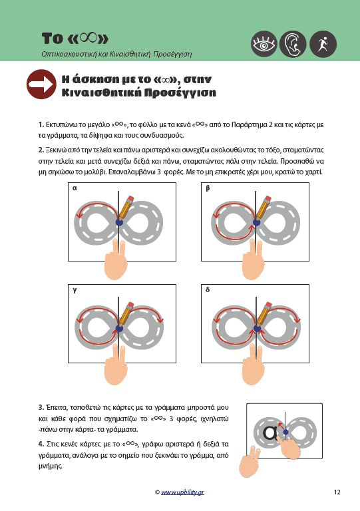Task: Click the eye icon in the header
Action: click(x=264, y=44)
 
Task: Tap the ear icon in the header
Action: click(x=293, y=44)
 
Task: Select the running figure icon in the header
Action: click(x=323, y=44)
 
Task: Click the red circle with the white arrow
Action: click(x=41, y=85)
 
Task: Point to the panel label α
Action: click(x=75, y=188)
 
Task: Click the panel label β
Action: click(x=208, y=188)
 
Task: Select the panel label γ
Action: click(x=75, y=290)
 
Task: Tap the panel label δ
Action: click(x=208, y=289)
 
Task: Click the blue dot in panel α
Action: click(x=119, y=222)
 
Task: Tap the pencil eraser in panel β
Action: click(x=268, y=198)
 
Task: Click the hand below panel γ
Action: click(x=116, y=366)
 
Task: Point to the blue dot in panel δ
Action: click(x=257, y=328)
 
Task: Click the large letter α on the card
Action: click(x=271, y=432)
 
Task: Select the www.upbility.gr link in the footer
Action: click(x=182, y=492)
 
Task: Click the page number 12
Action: click(x=337, y=492)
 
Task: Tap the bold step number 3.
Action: click(x=41, y=407)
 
